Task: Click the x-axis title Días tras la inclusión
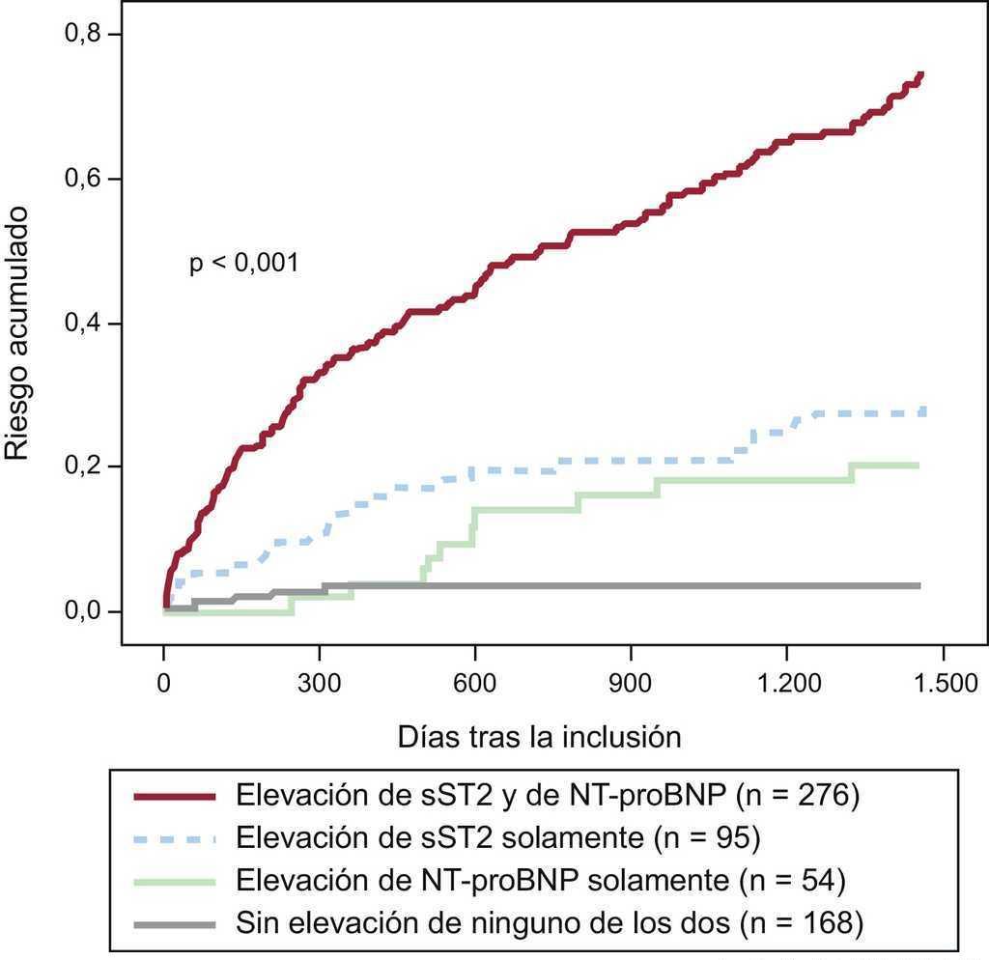click(540, 738)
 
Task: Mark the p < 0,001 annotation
click(244, 264)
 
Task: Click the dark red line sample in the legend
click(174, 797)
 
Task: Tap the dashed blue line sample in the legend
click(174, 838)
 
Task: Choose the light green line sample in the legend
click(174, 881)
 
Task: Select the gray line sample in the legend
click(174, 923)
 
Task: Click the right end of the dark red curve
click(921, 74)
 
